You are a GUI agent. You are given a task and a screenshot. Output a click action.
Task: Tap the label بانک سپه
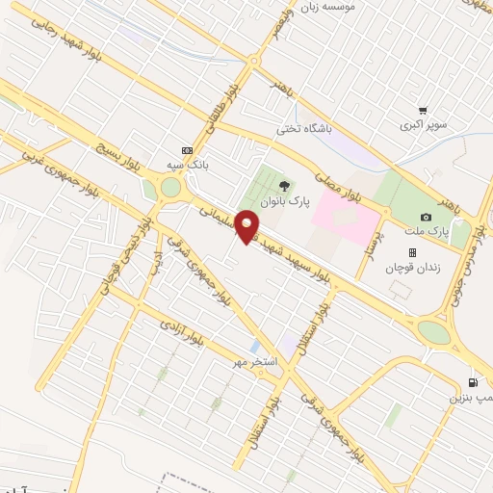[x=187, y=165]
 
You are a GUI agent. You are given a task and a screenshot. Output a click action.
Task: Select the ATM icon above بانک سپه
[x=187, y=150]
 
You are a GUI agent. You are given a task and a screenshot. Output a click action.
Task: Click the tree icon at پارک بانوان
[x=282, y=186]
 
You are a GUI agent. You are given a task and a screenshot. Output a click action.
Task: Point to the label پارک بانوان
[x=286, y=204]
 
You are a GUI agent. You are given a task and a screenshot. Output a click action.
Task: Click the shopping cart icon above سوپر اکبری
[x=423, y=112]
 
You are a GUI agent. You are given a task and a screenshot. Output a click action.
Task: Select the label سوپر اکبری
[x=425, y=126]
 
